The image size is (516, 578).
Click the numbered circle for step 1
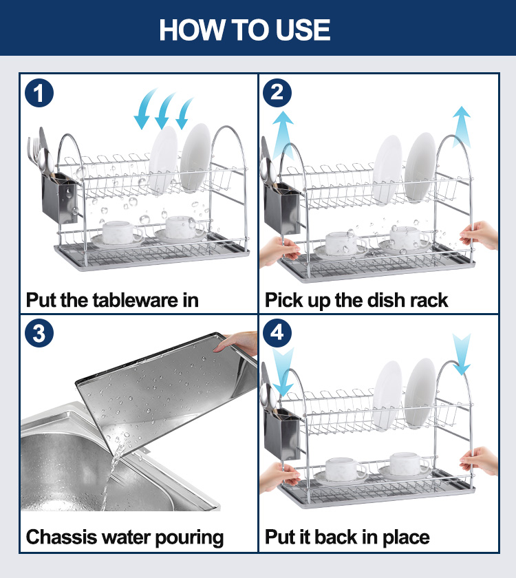[39, 94]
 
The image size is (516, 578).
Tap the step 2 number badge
[277, 93]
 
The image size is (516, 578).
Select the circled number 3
[39, 333]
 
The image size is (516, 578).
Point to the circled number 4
[277, 333]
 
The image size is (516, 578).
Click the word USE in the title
[303, 30]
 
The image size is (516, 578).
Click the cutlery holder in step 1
[60, 198]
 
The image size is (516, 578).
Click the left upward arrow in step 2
[283, 135]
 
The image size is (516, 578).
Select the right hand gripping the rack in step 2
[479, 235]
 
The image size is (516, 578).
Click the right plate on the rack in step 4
[420, 393]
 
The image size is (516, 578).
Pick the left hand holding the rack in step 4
[279, 478]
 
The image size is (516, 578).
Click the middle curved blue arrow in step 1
[164, 111]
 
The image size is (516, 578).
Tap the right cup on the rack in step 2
[409, 238]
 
